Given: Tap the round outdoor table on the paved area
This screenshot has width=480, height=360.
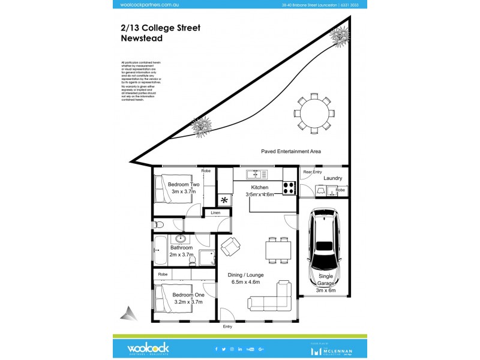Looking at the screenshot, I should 311,112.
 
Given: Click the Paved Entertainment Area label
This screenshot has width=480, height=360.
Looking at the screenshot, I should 291,152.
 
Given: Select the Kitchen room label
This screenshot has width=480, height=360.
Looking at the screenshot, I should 259,188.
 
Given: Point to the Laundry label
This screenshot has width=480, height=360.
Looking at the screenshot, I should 332,178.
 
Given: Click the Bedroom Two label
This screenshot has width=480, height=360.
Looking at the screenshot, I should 184,184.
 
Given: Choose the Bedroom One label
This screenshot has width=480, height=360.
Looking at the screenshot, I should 188,295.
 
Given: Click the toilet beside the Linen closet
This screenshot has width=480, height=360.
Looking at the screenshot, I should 158,225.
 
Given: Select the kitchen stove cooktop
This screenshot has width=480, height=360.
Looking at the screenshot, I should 289,188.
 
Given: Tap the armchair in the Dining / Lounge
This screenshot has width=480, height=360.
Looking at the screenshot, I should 230,246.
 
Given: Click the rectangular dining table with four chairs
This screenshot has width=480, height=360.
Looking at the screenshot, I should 278,250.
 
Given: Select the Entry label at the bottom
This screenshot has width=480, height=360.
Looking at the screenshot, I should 227,327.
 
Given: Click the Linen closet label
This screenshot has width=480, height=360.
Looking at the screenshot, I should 215,212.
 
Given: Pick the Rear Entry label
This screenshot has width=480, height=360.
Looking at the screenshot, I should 312,172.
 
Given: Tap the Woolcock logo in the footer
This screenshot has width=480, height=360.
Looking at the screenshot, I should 148,349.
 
